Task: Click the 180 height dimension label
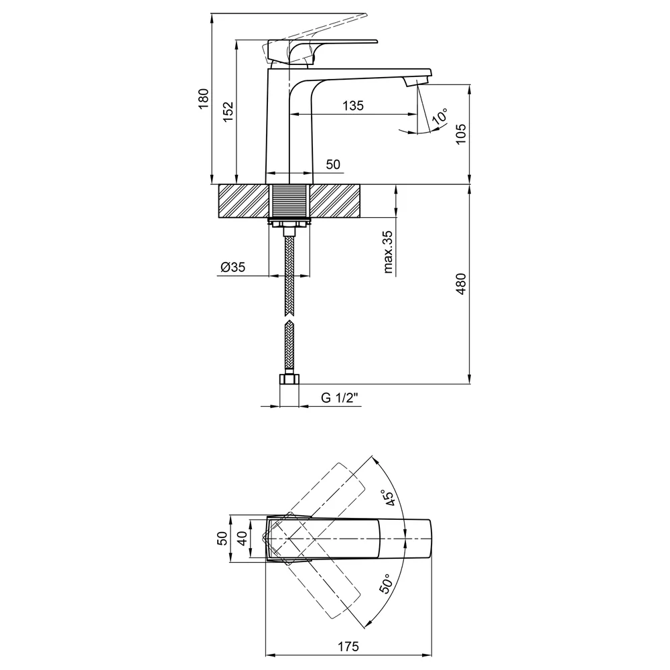coord(204,98)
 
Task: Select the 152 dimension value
coord(228,112)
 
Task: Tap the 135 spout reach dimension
coord(353,106)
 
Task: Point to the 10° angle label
coord(440,116)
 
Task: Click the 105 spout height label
coord(461,134)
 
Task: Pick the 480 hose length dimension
coord(461,283)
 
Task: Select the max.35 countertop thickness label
coord(388,252)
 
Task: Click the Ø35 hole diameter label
coord(233,267)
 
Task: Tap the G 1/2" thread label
coord(340,398)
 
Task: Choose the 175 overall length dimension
coord(348,647)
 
